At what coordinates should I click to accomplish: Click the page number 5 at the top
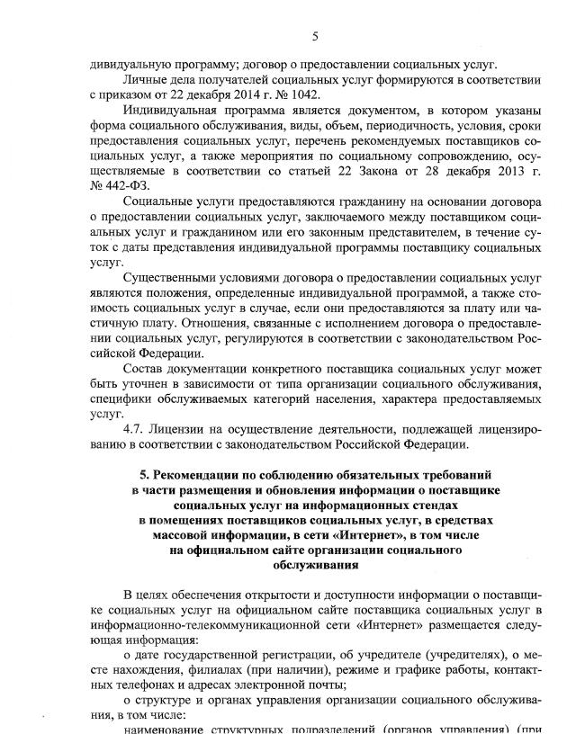(x=315, y=36)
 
